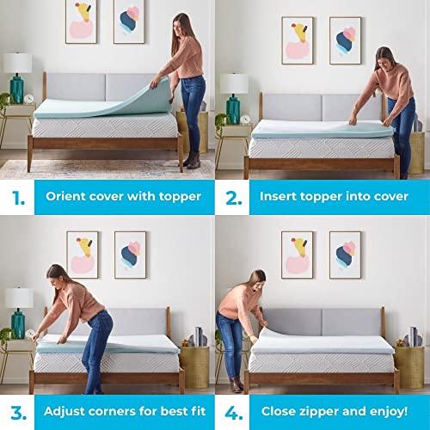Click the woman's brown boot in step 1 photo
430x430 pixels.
click(194, 161)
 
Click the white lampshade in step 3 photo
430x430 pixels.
click(17, 295)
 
